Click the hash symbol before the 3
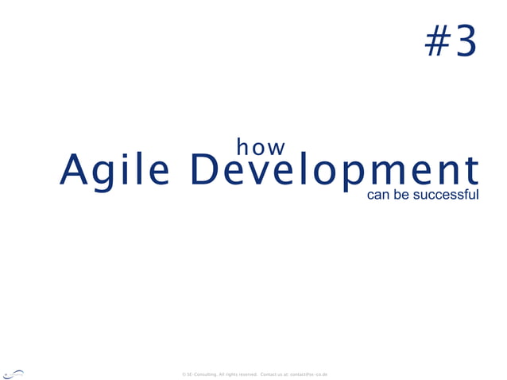point(435,41)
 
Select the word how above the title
point(261,147)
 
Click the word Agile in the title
point(114,170)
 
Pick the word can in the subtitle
point(377,194)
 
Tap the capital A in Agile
point(74,169)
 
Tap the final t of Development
point(472,170)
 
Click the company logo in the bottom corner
point(14,372)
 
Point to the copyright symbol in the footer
point(184,374)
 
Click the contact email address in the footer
point(309,374)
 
